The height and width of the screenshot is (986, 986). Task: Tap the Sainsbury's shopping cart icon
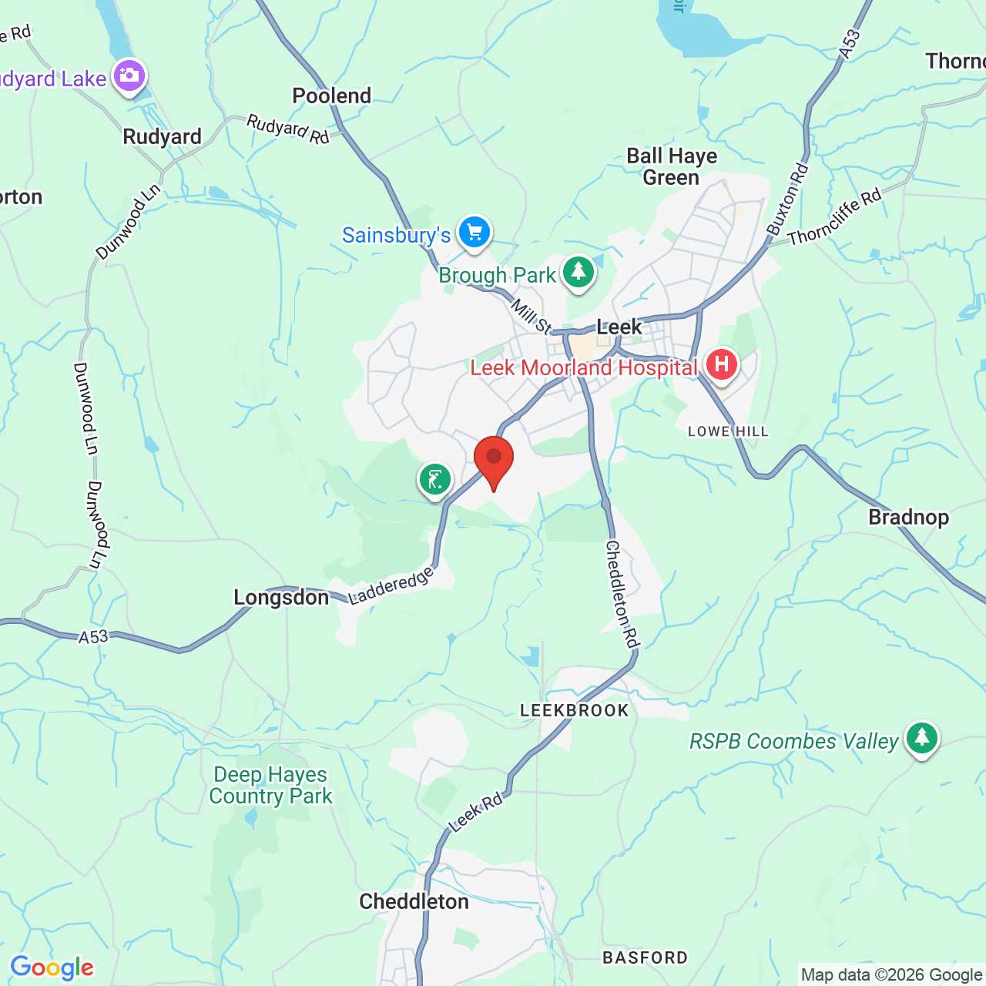coord(474,232)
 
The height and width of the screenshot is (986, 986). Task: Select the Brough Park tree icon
coord(578,273)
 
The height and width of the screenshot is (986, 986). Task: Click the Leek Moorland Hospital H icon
coord(722,364)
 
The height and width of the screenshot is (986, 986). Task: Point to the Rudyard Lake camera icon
coord(129,76)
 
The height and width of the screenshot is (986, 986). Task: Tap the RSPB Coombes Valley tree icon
coord(921,739)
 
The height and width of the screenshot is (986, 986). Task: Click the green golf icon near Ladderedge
coord(435,480)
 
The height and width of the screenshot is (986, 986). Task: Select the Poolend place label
coord(332,96)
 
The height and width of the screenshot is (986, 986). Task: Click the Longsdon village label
coord(281,598)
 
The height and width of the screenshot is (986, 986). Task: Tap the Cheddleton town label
coord(414,901)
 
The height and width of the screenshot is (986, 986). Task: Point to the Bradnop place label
coord(908,517)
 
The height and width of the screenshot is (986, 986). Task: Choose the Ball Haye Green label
coord(672,166)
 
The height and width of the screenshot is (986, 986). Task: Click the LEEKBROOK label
coord(575,710)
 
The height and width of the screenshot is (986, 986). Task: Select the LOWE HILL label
coord(728,431)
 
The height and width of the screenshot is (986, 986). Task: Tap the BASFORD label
coord(646,957)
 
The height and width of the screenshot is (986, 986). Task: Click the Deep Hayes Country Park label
coord(270,785)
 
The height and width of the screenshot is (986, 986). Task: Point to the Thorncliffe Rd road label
coord(834,217)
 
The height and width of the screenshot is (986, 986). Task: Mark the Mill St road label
coord(531,317)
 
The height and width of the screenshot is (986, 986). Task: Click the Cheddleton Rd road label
coord(622,593)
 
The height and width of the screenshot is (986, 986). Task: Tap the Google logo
coord(52,968)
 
